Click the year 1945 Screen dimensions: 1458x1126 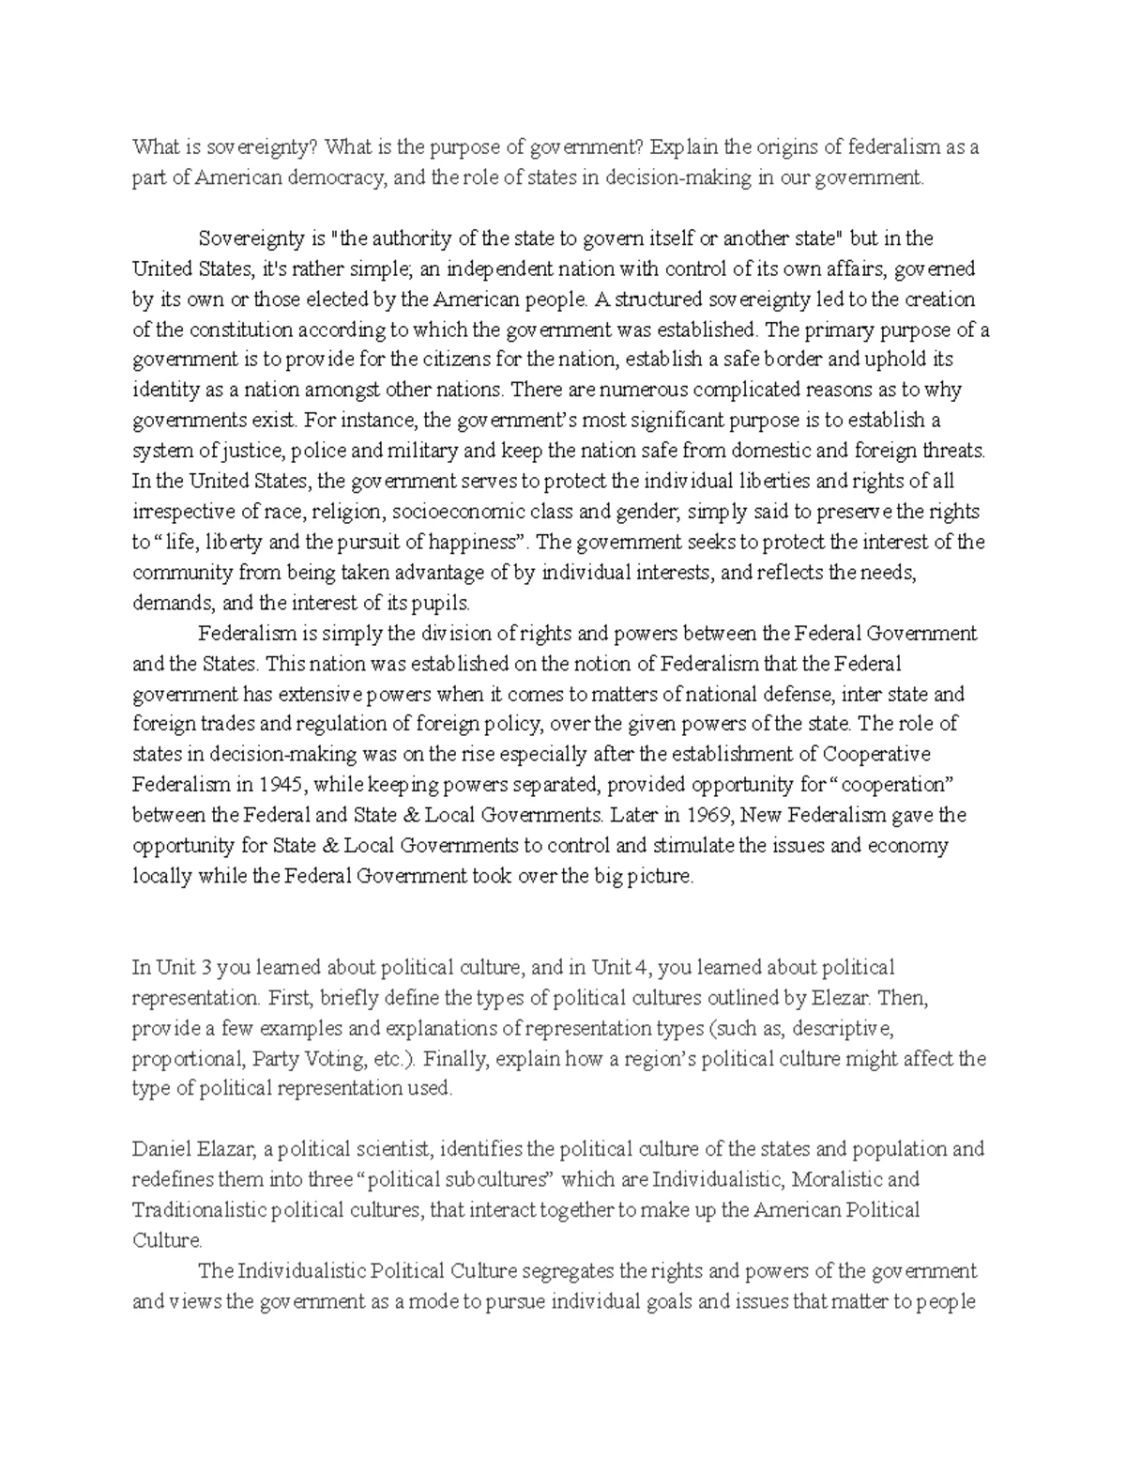coord(278,784)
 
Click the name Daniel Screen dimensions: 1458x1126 coord(160,1148)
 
